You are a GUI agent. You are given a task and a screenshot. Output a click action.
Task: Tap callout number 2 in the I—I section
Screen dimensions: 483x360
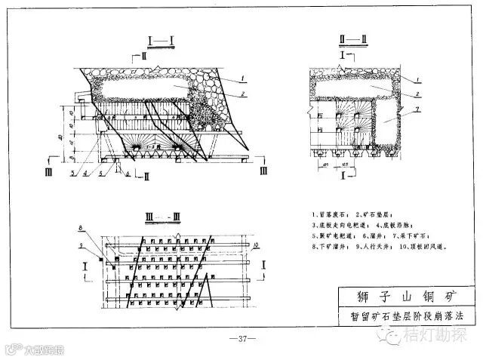244,93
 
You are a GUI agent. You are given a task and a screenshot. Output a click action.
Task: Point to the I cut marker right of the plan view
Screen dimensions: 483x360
262,266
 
